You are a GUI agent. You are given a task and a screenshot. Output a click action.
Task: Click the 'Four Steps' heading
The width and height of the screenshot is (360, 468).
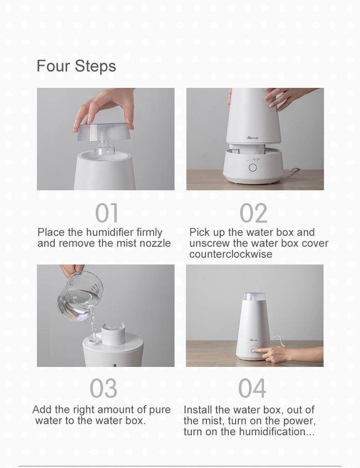tap(76, 66)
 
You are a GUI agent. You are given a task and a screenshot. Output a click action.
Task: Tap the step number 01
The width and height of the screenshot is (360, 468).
tap(107, 213)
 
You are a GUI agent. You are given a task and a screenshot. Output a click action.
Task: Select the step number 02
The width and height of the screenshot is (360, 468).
tap(253, 213)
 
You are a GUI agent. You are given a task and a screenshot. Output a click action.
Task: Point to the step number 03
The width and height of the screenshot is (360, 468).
tap(103, 388)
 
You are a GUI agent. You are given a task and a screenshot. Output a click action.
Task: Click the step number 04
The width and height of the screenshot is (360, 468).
tap(252, 388)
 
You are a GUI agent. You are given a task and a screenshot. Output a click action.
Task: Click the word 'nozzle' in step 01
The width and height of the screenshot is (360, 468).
tap(155, 243)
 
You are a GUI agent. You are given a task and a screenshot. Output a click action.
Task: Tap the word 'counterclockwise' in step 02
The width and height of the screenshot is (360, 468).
tap(231, 254)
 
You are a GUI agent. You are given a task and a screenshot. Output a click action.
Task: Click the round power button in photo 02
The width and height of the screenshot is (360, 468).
tap(253, 168)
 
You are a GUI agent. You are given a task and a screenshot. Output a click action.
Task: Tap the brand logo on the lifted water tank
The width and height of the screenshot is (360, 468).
tap(252, 138)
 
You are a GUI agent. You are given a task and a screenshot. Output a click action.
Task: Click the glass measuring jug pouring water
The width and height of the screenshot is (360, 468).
tap(80, 295)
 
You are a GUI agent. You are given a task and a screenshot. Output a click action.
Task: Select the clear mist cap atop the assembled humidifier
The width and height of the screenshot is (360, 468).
tap(254, 296)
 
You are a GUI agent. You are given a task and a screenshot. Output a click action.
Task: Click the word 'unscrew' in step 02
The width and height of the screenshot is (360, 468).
tap(210, 243)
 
